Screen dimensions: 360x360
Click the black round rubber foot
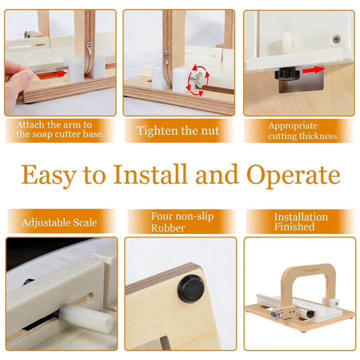pos(191,289)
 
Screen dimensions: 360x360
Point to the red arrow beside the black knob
pos(313,70)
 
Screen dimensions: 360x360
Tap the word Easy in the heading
pos(49,176)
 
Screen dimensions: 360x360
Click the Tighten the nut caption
pos(178,130)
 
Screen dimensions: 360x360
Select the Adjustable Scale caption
pos(59,222)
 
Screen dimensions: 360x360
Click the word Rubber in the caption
pos(168,228)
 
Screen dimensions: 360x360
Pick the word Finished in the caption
pos(294,227)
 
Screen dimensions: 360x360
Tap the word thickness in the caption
pos(319,136)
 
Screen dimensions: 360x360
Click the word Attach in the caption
pos(30,124)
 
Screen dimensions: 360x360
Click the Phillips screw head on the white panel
pos(336,39)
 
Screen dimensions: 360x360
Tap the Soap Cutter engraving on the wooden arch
pos(312,270)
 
